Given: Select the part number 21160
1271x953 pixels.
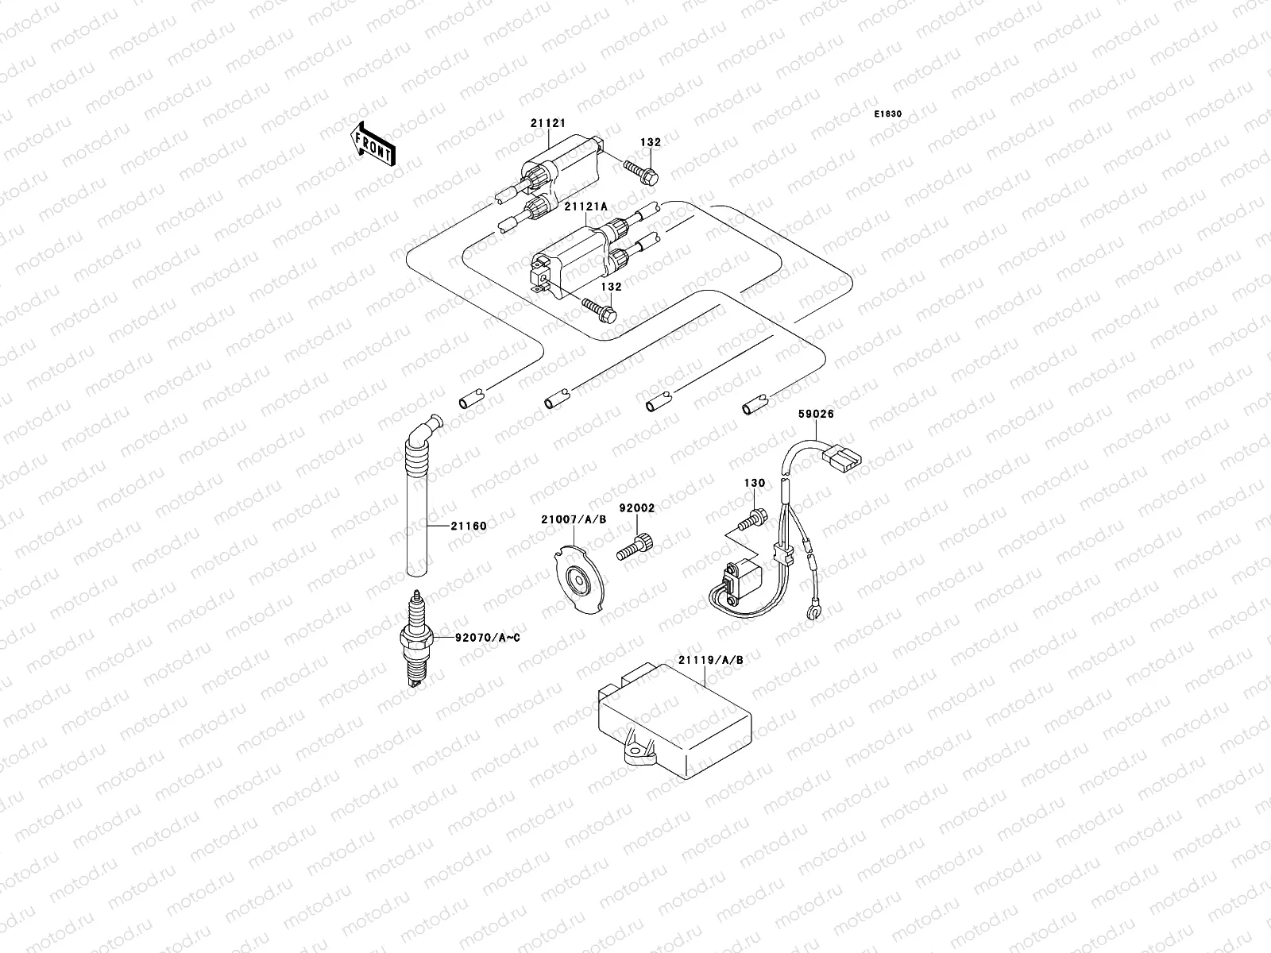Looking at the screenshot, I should coord(468,525).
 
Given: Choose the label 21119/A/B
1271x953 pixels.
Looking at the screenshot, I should coord(710,659).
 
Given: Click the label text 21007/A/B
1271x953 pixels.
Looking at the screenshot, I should coord(574,519).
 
